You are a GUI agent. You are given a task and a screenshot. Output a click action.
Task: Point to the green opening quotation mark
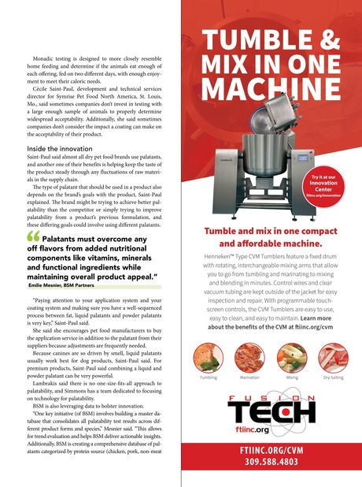click(33, 236)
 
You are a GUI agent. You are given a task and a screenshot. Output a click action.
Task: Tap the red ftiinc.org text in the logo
click(274, 431)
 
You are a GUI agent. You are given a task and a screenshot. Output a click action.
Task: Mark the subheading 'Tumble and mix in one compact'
click(271, 232)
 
